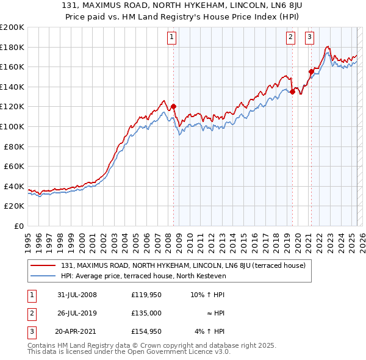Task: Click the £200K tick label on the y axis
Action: point(12,27)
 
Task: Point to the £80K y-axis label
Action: point(14,146)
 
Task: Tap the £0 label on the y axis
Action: point(20,226)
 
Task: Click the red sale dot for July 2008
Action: point(173,107)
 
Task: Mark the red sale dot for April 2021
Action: point(310,72)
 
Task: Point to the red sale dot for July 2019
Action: point(292,92)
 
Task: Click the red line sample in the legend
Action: point(43,266)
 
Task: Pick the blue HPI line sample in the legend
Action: point(43,276)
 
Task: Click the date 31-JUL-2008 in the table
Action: point(76,295)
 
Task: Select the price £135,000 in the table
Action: point(146,313)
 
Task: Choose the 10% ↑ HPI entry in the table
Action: point(207,295)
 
